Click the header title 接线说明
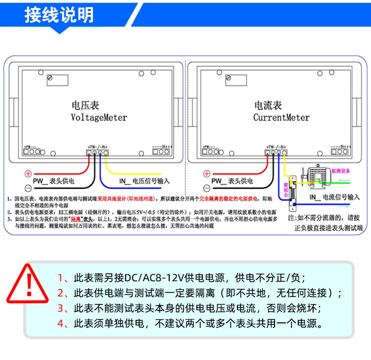[59, 15]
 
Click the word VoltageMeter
[99, 118]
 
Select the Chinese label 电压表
[86, 105]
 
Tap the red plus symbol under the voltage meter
[28, 174]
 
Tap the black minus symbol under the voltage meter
[28, 188]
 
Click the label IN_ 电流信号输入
[334, 197]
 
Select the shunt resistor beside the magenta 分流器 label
[293, 195]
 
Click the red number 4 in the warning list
[61, 324]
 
